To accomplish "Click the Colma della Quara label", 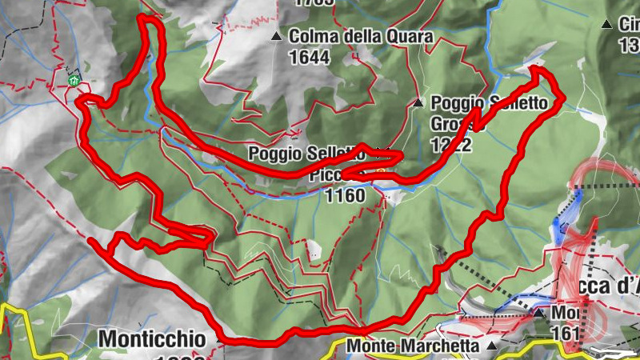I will point(361,37).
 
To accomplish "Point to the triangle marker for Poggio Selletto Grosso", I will point(418,103).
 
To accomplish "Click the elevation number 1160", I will point(346,195).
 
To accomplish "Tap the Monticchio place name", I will point(152,338).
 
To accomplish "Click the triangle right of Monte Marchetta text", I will point(491,346).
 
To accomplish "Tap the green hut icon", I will point(74,80).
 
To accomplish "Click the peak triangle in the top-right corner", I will point(606,24).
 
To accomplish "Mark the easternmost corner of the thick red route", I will point(562,96).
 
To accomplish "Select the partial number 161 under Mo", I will point(588,328).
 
